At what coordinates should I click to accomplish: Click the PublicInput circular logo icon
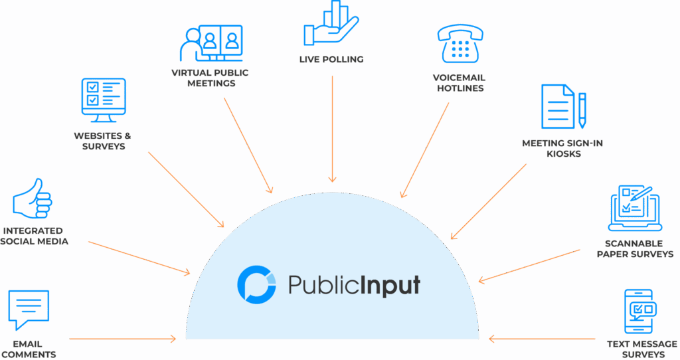click(256, 284)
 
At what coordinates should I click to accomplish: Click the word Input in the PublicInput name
click(391, 286)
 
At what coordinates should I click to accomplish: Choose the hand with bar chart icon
click(331, 26)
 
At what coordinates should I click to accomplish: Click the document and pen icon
click(563, 106)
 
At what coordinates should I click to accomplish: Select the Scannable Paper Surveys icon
click(634, 207)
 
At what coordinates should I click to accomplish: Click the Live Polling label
click(331, 60)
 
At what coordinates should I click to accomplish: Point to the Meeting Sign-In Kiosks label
click(562, 148)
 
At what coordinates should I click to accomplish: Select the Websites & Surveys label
click(102, 141)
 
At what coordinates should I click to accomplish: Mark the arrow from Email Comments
click(123, 339)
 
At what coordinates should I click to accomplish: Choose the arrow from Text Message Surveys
click(541, 339)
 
